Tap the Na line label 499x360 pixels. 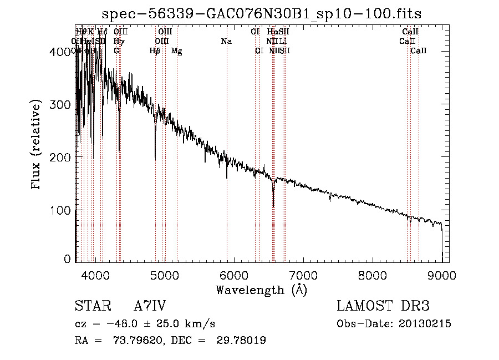coord(226,41)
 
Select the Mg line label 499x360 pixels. coord(176,51)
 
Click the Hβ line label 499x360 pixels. coord(155,51)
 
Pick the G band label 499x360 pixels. coord(116,50)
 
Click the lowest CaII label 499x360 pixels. coord(419,50)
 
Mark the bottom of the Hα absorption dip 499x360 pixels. coord(273,206)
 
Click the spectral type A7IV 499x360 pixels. coord(149,307)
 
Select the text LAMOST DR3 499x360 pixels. coord(383,307)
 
